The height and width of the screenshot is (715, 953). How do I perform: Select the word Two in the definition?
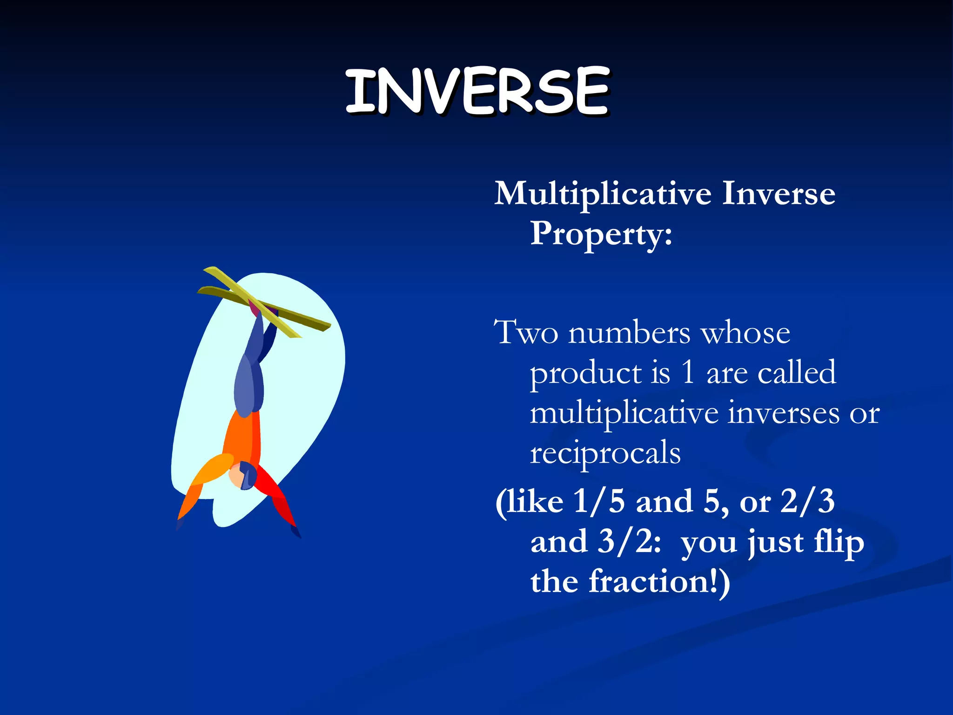[526, 332]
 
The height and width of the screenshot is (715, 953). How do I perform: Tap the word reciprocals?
[605, 453]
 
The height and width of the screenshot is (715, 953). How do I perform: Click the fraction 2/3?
[808, 501]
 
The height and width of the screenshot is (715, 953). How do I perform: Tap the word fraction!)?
[659, 582]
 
